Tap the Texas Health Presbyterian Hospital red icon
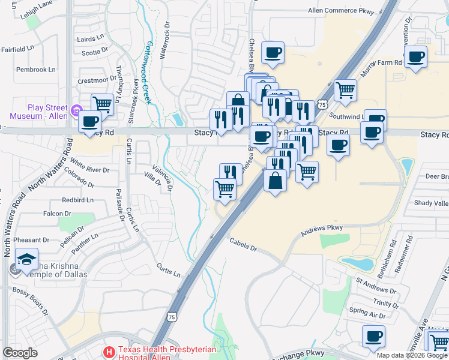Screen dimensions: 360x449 (109, 351)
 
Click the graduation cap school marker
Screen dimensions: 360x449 (26, 259)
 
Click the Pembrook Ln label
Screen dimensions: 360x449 (35, 70)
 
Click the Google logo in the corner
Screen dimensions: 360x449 (20, 353)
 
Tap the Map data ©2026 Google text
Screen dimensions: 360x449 (412, 355)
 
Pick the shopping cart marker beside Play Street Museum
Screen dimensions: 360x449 (103, 104)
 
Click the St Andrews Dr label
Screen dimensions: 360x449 (376, 284)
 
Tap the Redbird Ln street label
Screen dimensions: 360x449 (77, 200)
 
